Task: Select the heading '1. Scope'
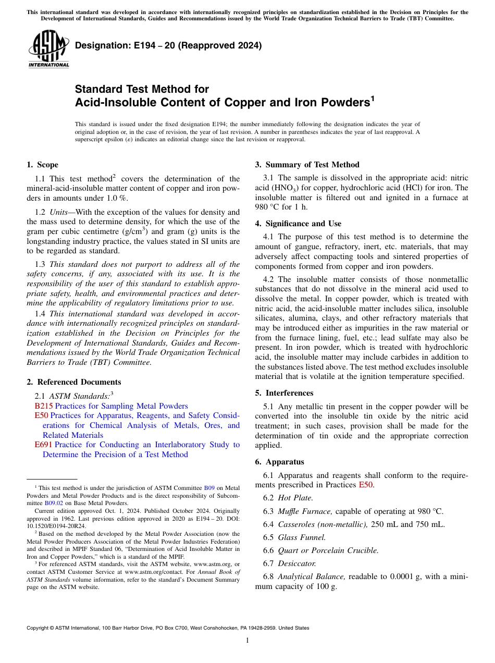(42, 165)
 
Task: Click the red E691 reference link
(43, 445)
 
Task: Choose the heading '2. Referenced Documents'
(73, 382)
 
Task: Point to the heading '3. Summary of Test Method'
(307, 165)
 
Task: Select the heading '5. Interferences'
(284, 393)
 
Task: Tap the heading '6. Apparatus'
(279, 462)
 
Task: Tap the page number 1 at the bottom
(247, 641)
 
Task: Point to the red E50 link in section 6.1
(366, 485)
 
